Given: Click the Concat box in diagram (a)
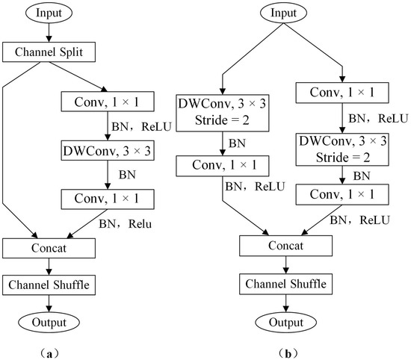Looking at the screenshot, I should click(49, 247).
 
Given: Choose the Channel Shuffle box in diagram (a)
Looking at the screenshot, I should click(49, 285).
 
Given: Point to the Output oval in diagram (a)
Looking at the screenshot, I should click(49, 322).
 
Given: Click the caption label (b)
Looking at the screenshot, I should click(285, 350).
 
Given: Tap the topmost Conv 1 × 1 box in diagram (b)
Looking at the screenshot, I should click(344, 92).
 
